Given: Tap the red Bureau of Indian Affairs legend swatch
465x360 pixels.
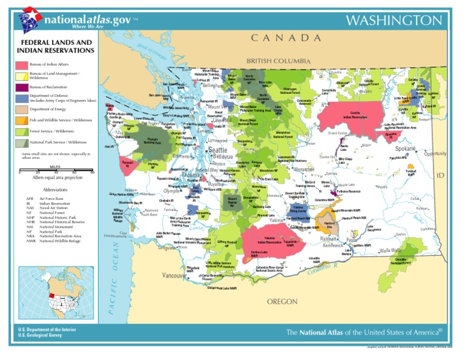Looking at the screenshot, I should coord(22,64).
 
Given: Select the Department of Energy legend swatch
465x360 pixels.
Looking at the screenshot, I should coord(22,109).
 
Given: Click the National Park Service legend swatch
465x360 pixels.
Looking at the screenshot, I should coord(22,142).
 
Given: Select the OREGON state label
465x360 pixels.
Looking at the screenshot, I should coord(282,301).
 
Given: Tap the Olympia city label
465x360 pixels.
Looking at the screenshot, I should coord(171,192).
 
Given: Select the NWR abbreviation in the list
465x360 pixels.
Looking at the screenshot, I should coord(30,241).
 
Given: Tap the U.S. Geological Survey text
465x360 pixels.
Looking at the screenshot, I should coord(42,335).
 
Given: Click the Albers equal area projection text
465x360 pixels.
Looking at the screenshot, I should coord(58,178).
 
